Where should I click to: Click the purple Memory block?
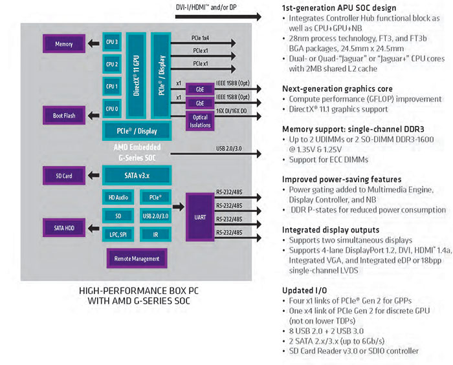pos(63,44)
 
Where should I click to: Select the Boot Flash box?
pos(63,116)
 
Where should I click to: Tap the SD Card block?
pos(63,175)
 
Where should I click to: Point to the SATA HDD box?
pos(63,227)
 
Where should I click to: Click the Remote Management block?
pos(137,258)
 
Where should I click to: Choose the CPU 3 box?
pos(112,43)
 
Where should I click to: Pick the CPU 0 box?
pos(112,108)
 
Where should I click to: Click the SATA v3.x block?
pos(137,175)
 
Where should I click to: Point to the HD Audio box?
pos(118,196)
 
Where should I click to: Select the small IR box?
pos(155,234)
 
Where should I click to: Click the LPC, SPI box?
pos(118,234)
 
